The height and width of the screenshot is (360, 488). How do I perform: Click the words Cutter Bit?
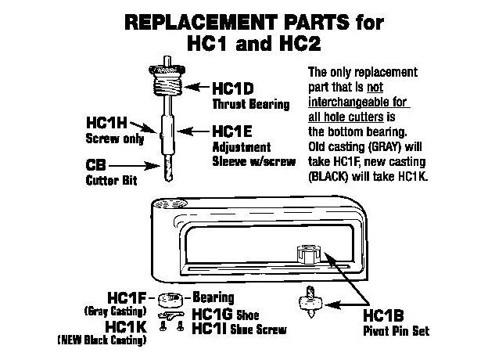tap(109, 179)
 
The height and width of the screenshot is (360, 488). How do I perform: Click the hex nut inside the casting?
tap(306, 255)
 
